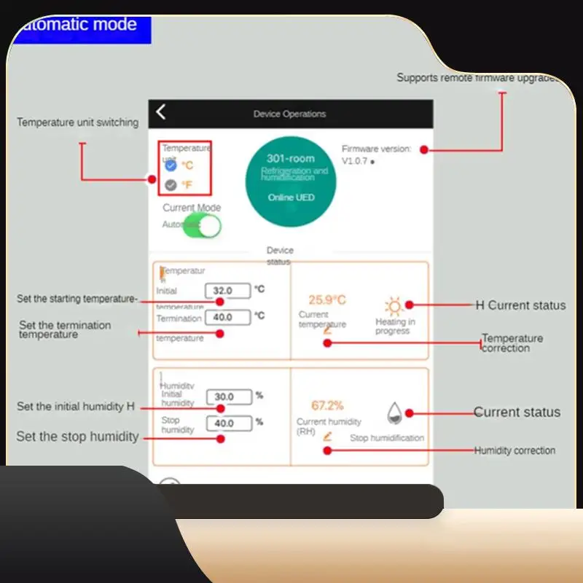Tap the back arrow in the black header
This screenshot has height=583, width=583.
tap(161, 111)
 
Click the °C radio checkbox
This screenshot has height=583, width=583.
tap(171, 165)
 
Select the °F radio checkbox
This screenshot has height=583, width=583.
tap(171, 185)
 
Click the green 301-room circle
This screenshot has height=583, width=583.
tap(291, 181)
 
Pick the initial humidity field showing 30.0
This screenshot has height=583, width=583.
tap(228, 397)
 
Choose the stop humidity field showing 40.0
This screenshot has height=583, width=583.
tap(228, 423)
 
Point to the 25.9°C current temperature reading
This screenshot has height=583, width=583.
tap(326, 300)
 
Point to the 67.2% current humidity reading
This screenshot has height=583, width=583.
tap(327, 406)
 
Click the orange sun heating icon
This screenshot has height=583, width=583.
tap(394, 305)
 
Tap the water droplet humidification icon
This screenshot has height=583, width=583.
tap(394, 413)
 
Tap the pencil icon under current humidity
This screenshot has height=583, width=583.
tap(327, 437)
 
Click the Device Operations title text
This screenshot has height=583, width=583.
tap(289, 114)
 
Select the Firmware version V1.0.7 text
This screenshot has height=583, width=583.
tap(376, 155)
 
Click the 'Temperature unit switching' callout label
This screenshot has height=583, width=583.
tap(77, 122)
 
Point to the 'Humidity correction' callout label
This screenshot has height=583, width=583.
tap(514, 450)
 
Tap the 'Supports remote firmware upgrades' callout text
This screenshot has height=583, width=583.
tap(477, 78)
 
